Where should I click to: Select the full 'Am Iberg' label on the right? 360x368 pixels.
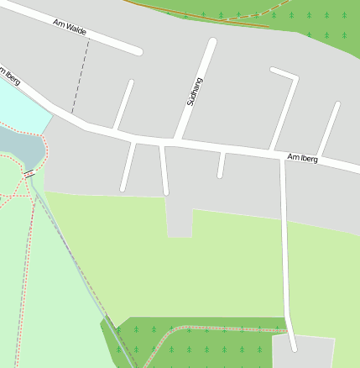(x=302, y=157)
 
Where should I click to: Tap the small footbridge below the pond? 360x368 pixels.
(x=29, y=174)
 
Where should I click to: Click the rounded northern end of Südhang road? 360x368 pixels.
(x=212, y=42)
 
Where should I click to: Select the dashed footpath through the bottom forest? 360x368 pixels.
(x=210, y=329)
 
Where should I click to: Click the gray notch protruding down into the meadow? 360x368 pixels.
(x=179, y=220)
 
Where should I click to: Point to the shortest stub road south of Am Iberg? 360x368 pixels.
(x=221, y=165)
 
